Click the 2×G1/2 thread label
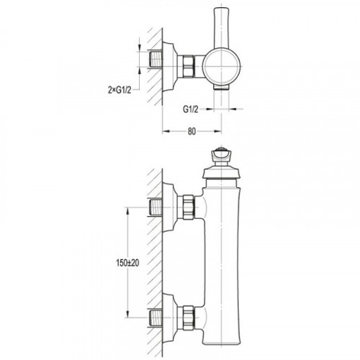tap(120, 90)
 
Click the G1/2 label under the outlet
tap(191, 109)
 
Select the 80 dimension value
tap(192, 131)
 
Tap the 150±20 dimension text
tap(127, 263)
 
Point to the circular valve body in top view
tap(221, 66)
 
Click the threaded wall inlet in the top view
tap(156, 59)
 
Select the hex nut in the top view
tap(188, 66)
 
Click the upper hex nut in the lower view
tap(189, 207)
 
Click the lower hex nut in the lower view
tap(189, 318)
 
